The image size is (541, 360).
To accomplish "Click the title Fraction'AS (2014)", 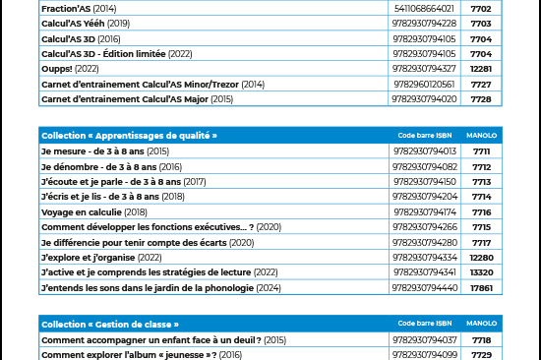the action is (79, 7).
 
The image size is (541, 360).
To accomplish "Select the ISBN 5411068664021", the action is (424, 7).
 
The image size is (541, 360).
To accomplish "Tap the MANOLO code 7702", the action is (481, 7).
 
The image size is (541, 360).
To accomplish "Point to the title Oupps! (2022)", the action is (70, 69).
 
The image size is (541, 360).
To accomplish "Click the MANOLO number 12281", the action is (481, 69).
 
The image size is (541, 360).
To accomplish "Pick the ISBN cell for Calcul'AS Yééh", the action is (424, 23).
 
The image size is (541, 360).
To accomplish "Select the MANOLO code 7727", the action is (481, 84).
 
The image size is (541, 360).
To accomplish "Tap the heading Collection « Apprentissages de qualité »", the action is (129, 135).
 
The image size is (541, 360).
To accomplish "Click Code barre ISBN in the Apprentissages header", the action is (424, 135).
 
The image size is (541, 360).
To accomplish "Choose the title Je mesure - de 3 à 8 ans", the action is (105, 151).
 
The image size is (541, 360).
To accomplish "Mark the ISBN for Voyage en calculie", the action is (424, 211).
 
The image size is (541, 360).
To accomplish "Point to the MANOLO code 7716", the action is (481, 211).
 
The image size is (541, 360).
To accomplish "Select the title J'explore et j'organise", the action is (101, 257).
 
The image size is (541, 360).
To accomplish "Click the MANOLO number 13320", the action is (481, 271).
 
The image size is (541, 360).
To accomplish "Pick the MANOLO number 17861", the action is (481, 287).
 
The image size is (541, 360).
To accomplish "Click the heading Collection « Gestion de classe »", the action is (110, 324).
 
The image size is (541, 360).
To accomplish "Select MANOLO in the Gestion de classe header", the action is (481, 324).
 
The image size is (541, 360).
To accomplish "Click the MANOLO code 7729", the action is (481, 354).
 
